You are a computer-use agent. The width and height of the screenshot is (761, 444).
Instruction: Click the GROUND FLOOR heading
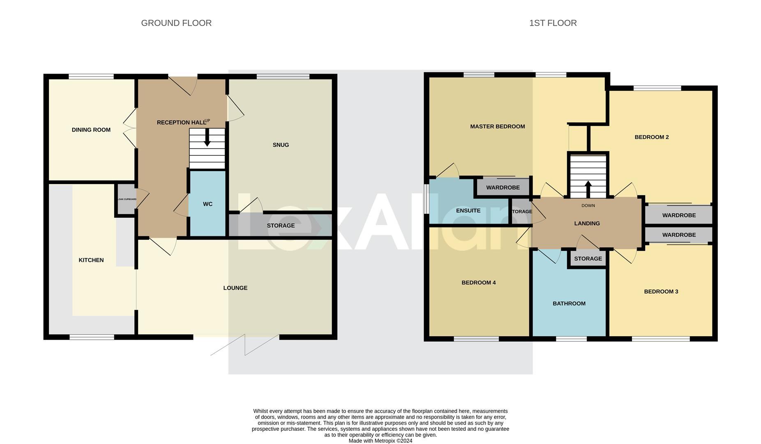(x=176, y=23)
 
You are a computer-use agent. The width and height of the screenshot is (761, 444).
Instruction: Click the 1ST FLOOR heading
(x=553, y=23)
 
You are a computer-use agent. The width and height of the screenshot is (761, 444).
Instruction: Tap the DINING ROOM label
(x=91, y=130)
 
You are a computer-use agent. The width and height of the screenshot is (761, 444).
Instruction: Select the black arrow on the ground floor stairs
(x=207, y=138)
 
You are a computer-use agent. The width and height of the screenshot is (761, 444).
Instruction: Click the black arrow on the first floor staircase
(x=588, y=189)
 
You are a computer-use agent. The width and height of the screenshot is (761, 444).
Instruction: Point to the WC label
(x=208, y=204)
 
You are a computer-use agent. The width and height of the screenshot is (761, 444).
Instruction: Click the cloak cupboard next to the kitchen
(x=126, y=199)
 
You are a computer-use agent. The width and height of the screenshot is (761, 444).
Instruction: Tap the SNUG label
(x=281, y=145)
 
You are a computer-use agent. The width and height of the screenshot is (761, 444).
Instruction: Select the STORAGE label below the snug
(x=281, y=226)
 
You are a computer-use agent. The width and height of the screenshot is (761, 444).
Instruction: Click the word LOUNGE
(x=235, y=288)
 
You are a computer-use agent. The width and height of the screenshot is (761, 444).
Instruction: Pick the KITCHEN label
(x=91, y=260)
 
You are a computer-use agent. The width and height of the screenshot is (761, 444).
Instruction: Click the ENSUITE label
(x=468, y=210)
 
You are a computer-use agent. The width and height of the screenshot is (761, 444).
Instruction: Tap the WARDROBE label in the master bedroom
(x=503, y=187)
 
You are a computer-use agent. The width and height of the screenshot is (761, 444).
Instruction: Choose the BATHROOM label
(x=569, y=303)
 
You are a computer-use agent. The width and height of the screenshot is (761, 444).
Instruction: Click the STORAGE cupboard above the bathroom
(x=588, y=259)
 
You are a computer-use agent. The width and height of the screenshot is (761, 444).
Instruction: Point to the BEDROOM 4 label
(x=478, y=282)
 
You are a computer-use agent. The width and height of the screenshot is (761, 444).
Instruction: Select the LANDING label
(x=587, y=223)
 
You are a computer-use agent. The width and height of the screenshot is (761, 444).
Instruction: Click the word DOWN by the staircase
(x=588, y=206)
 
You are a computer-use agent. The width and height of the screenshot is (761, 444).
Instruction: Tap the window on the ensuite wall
(x=427, y=199)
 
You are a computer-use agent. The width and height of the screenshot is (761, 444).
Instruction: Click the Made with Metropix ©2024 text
(x=380, y=441)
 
